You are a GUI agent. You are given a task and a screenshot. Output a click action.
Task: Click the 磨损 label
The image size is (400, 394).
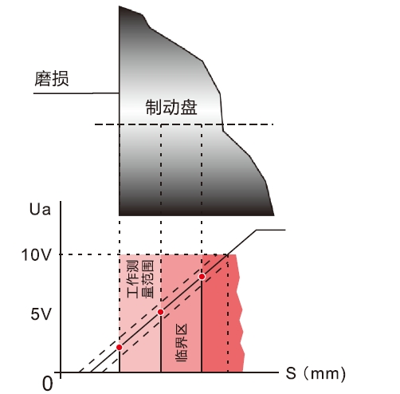[x=52, y=79]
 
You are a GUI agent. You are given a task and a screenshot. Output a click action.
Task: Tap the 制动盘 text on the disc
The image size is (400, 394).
[x=171, y=108]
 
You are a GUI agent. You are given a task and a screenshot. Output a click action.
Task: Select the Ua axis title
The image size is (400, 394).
[x=40, y=209]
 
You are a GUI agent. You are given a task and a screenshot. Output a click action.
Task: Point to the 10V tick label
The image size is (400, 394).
[x=36, y=255]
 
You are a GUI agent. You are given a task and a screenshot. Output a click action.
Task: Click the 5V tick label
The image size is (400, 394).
[x=41, y=314]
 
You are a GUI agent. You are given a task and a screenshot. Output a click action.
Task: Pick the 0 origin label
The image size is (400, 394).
[x=48, y=384]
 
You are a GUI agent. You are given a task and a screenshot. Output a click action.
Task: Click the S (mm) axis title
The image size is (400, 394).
[x=316, y=373]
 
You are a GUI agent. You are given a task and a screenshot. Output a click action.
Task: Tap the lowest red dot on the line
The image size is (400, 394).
[x=120, y=348]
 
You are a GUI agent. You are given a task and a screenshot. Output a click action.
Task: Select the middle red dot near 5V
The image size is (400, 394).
[x=161, y=312]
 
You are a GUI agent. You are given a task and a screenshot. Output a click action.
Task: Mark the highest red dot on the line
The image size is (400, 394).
[x=202, y=277]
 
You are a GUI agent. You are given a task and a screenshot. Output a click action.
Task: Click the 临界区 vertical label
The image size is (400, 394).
[x=182, y=343]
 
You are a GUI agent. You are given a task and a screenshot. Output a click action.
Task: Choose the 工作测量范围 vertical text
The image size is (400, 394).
[x=140, y=279]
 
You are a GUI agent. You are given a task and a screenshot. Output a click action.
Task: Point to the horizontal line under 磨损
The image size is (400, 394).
[x=76, y=93]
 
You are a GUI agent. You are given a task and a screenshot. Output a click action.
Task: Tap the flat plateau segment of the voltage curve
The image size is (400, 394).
[x=271, y=230]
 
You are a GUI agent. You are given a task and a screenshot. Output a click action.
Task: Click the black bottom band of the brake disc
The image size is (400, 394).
[x=196, y=209]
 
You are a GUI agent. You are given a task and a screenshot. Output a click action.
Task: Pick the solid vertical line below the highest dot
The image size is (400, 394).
[x=202, y=325]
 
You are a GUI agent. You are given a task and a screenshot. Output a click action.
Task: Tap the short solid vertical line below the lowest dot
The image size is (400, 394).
[x=120, y=361]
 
